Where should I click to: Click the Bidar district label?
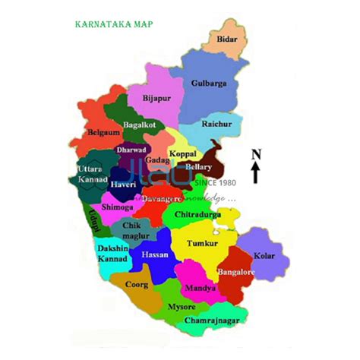[227, 39]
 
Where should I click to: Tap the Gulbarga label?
[208, 83]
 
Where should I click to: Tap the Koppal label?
[182, 154]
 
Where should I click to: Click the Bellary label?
[199, 166]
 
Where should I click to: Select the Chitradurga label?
[197, 216]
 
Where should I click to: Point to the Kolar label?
[264, 256]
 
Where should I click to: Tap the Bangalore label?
[235, 271]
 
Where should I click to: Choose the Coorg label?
[137, 286]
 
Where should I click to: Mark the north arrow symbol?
[256, 166]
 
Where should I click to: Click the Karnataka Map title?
[114, 24]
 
